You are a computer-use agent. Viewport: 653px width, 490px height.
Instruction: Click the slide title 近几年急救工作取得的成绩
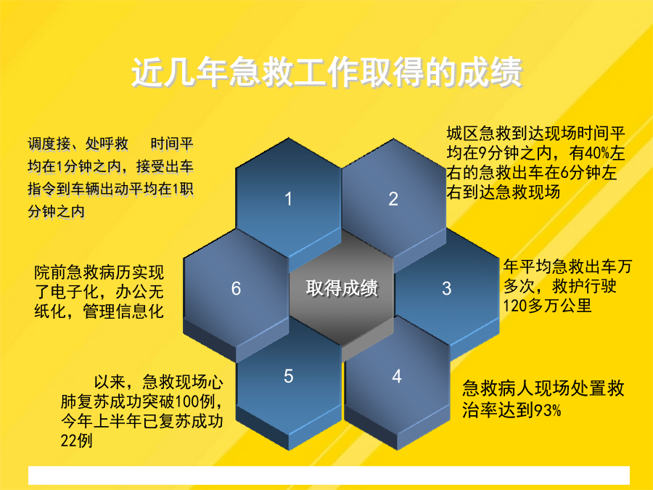coord(327,73)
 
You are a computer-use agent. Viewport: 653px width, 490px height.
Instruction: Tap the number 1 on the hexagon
coord(288,199)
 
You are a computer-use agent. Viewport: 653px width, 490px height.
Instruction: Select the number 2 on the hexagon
coord(393,199)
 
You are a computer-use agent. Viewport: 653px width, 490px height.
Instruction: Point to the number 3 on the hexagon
coord(446,288)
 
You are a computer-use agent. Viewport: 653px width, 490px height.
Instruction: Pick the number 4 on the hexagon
coord(396,376)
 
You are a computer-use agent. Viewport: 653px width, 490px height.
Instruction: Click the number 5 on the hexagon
coord(289,376)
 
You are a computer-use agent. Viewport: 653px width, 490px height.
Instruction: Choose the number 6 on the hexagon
coord(236,288)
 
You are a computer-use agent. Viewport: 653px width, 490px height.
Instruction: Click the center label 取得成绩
coord(342,288)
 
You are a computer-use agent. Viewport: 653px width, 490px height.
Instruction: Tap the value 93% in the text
coord(547,410)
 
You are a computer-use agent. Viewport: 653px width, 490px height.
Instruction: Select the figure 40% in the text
coord(598,153)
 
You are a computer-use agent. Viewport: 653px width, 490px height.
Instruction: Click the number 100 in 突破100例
coord(187,401)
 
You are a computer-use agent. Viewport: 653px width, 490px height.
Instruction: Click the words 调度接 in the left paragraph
coord(49,144)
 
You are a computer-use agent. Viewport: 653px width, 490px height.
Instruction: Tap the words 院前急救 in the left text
coord(67,273)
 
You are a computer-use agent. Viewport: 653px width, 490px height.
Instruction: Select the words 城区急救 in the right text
coord(479,134)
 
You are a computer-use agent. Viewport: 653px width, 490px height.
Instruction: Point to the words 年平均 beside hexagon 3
coord(527,266)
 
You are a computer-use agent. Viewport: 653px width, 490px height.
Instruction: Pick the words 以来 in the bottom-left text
coord(110,382)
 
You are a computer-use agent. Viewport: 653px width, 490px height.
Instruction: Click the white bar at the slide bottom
coord(329,475)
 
